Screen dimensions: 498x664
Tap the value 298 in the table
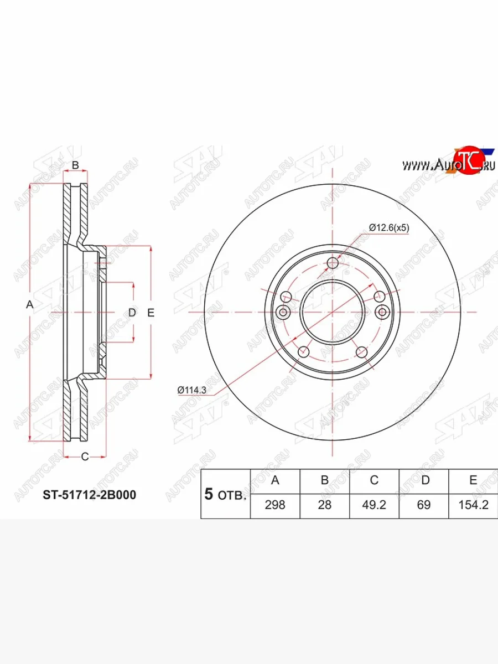pyautogui.click(x=275, y=505)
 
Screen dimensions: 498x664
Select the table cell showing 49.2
pyautogui.click(x=374, y=505)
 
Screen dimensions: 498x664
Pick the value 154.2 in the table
pyautogui.click(x=474, y=505)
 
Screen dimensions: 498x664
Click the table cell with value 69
pyautogui.click(x=424, y=505)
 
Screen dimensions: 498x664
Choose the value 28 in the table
pyautogui.click(x=324, y=505)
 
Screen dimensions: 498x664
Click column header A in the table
pyautogui.click(x=275, y=480)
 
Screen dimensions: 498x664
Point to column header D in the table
pyautogui.click(x=426, y=480)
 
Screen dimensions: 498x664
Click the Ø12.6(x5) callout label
pyautogui.click(x=389, y=227)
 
